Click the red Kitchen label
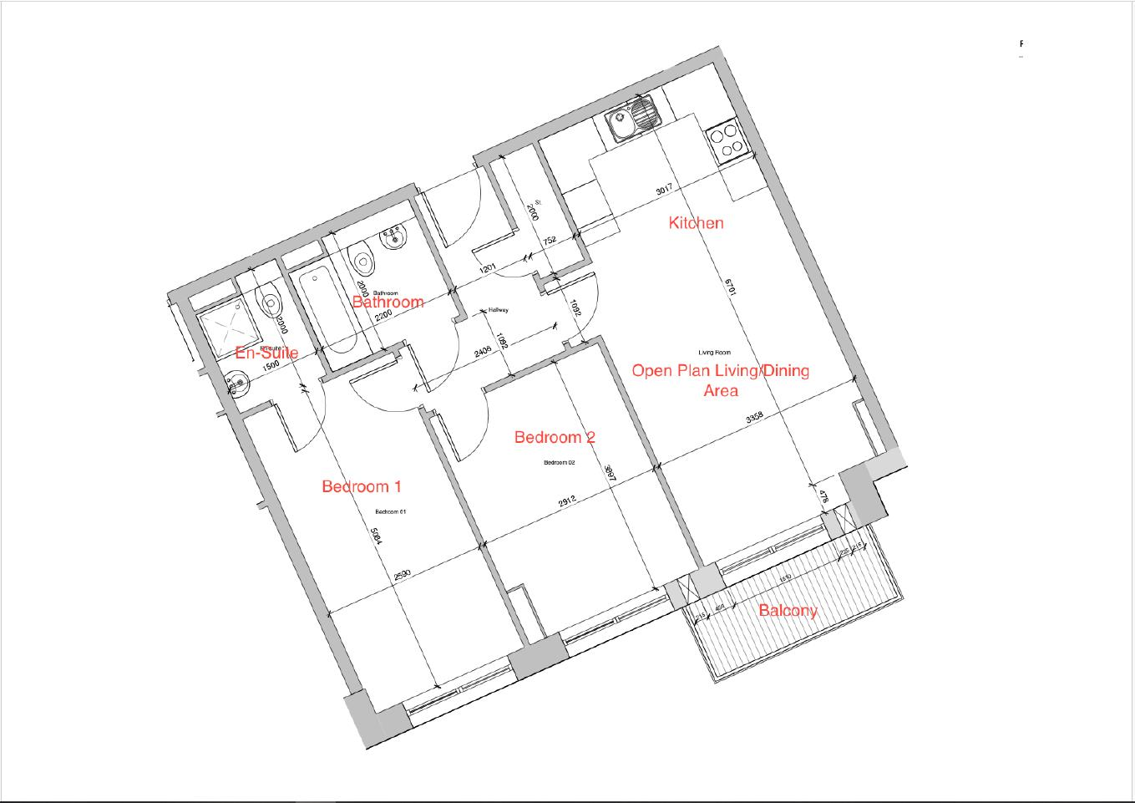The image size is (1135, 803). (696, 223)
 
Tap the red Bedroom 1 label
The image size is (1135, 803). (362, 486)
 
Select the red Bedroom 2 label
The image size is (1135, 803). (555, 437)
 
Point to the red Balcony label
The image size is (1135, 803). (788, 610)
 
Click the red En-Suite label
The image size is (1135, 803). (266, 353)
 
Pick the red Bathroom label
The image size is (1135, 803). (388, 302)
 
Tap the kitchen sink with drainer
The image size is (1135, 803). (633, 119)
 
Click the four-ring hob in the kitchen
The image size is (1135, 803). (725, 140)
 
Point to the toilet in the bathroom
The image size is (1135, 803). (362, 259)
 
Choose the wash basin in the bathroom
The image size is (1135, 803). (393, 238)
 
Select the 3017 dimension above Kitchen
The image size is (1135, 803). (664, 190)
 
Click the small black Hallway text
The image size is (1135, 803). (498, 310)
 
